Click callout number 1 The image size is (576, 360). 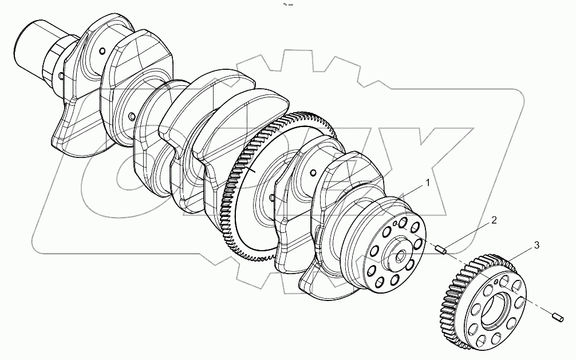pyautogui.click(x=427, y=183)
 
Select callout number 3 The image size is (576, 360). pyautogui.click(x=536, y=246)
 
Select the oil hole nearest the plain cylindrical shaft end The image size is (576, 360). pyautogui.click(x=60, y=75)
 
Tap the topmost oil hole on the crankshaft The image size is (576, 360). pyautogui.click(x=101, y=52)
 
